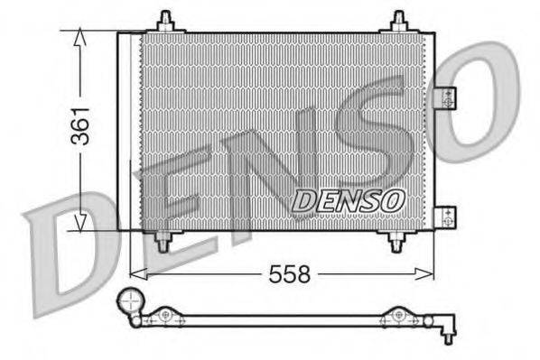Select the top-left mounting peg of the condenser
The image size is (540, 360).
click(x=164, y=22)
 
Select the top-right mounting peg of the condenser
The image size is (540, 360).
click(x=398, y=22)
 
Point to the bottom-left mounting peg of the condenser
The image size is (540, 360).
click(x=163, y=241)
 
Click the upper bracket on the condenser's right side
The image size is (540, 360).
click(x=443, y=97)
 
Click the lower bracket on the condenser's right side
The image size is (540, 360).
click(x=443, y=216)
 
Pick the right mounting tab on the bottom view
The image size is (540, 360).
click(x=396, y=315)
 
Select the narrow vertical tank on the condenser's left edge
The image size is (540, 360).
click(x=126, y=132)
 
